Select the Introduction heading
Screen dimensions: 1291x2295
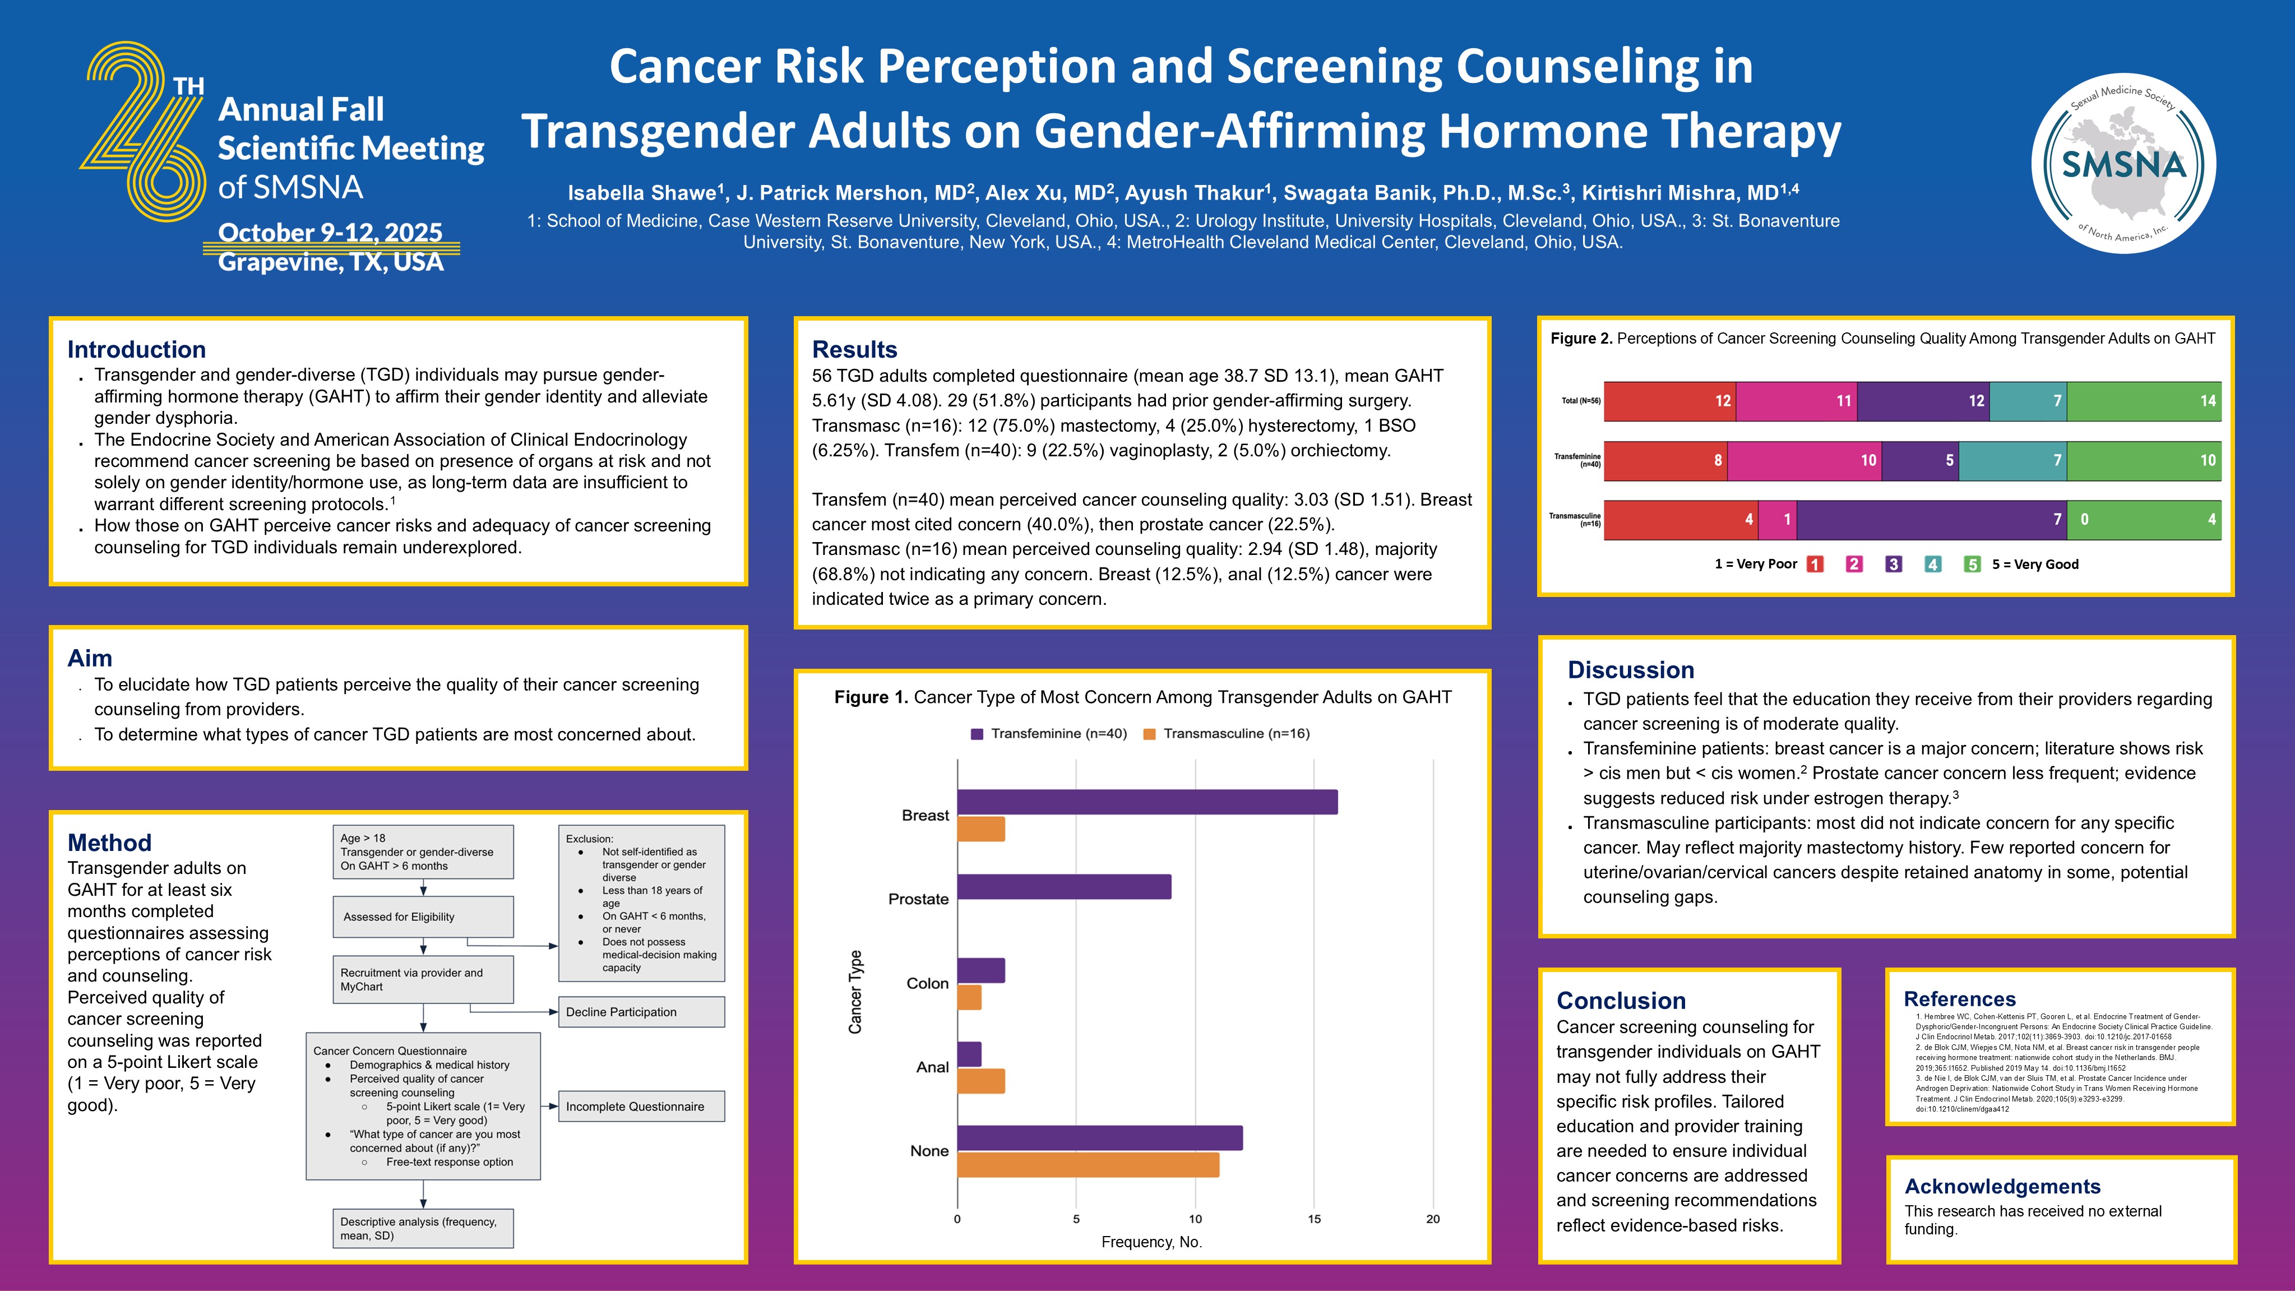(136, 349)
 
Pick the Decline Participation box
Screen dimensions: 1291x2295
(641, 1012)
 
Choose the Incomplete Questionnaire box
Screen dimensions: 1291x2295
(641, 1107)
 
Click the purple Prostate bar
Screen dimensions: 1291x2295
(1064, 886)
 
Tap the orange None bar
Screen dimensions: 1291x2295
(1088, 1164)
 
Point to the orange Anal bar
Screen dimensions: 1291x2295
(981, 1081)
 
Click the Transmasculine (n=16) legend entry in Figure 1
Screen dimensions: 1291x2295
(1227, 733)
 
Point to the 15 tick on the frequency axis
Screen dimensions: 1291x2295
(1314, 1219)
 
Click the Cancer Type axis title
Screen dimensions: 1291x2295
(855, 992)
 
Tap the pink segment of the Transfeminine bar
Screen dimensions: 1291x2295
(1804, 461)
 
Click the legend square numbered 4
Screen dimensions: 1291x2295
(1932, 564)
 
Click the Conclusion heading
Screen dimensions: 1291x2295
(1621, 1001)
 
